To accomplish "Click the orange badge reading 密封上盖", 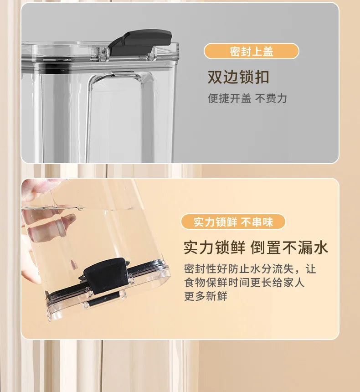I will [251, 51].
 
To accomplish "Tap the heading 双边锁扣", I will [238, 77].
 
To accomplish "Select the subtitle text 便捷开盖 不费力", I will [247, 98].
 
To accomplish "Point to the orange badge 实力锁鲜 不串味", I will [233, 222].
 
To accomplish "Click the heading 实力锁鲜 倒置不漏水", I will [255, 248].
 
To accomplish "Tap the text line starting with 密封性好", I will [249, 269].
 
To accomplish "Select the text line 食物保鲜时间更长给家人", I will [244, 283].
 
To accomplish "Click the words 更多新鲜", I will [206, 296].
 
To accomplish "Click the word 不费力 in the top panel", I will [271, 98].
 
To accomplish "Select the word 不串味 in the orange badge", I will [257, 222].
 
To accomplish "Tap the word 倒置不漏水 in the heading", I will [289, 248].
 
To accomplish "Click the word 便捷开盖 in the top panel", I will [229, 98].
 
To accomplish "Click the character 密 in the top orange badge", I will [235, 51].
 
